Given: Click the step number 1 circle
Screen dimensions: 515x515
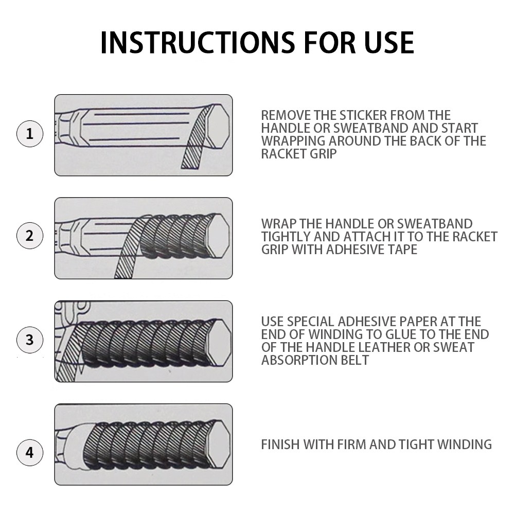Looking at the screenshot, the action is (x=29, y=134).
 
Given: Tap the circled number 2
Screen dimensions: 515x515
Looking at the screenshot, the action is (x=29, y=237).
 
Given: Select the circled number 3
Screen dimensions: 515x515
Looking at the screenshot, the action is (x=29, y=340).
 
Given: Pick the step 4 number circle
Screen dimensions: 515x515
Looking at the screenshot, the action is (x=29, y=453).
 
